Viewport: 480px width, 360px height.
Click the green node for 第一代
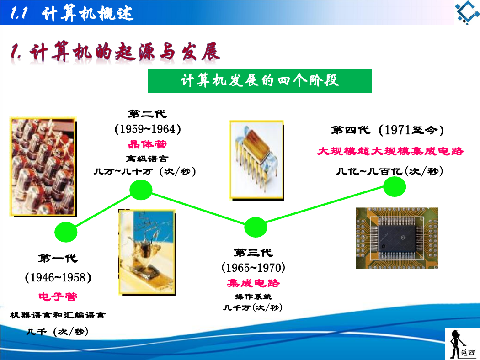[66, 232]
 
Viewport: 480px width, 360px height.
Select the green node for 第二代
[141, 190]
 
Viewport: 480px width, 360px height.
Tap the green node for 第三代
[256, 227]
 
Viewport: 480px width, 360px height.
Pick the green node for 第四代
[395, 186]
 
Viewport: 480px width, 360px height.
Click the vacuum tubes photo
[43, 167]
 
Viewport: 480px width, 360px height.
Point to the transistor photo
[147, 252]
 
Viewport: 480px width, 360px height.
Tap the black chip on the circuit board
[397, 238]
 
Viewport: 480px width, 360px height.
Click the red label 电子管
[58, 296]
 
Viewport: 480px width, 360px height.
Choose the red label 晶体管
[148, 144]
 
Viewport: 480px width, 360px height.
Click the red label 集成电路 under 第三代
[253, 283]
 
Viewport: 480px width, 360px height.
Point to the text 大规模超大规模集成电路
[390, 151]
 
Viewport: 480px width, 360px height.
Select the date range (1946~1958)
[58, 278]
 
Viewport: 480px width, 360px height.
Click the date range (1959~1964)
[148, 129]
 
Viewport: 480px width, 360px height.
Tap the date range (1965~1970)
[253, 268]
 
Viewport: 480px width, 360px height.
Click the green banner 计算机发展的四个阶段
[260, 80]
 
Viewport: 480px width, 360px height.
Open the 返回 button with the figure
[462, 344]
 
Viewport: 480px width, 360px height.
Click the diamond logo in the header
[467, 12]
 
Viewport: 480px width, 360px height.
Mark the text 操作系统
[253, 296]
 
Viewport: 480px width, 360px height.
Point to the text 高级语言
[147, 159]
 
